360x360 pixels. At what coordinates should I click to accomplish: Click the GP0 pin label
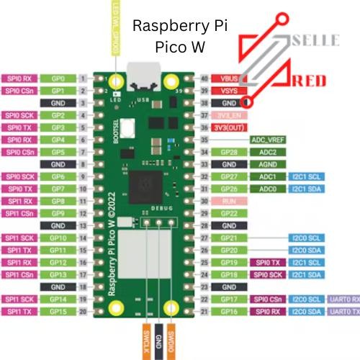(59, 77)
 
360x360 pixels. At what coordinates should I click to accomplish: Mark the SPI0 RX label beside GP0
(18, 77)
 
